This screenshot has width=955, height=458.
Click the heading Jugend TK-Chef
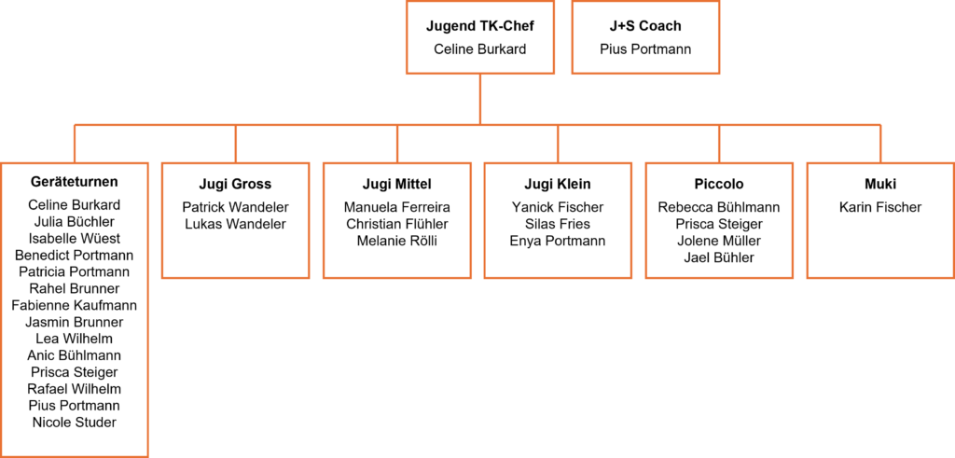point(479,26)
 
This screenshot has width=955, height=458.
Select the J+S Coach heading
point(645,26)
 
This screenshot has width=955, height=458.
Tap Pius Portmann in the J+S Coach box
point(645,49)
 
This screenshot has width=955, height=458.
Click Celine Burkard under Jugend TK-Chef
point(479,49)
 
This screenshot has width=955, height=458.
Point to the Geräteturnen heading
point(75,183)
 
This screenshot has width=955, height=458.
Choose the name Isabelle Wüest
point(75,239)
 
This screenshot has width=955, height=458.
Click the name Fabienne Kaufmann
point(75,305)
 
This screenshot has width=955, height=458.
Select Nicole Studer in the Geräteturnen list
point(75,423)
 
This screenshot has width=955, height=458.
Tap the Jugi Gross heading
point(235,184)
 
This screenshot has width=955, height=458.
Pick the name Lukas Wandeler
point(235,224)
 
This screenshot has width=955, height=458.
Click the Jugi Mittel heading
point(396,184)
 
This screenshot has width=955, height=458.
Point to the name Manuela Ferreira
point(396,207)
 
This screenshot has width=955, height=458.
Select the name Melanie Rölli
point(396,241)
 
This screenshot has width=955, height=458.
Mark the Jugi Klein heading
point(558,184)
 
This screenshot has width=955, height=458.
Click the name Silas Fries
point(558,224)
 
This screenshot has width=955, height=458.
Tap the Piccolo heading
point(718,184)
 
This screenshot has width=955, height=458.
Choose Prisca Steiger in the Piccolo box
point(718,224)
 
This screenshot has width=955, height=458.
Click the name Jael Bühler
point(718,257)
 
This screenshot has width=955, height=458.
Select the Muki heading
point(879,184)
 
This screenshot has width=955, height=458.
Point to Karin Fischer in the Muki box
point(879,207)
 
